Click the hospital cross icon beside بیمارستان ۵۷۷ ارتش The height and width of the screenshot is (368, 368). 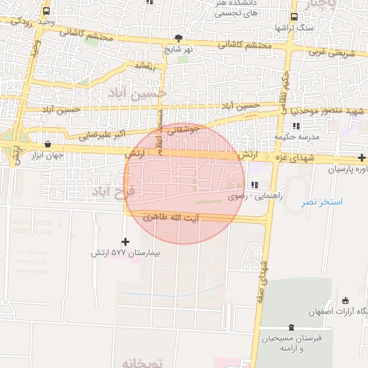pos(126,241)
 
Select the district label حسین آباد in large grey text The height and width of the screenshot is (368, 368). pos(137,93)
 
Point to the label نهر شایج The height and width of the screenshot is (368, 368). pos(178,50)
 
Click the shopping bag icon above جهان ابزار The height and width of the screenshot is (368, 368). pos(47,144)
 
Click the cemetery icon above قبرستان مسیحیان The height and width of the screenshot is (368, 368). pos(291,327)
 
